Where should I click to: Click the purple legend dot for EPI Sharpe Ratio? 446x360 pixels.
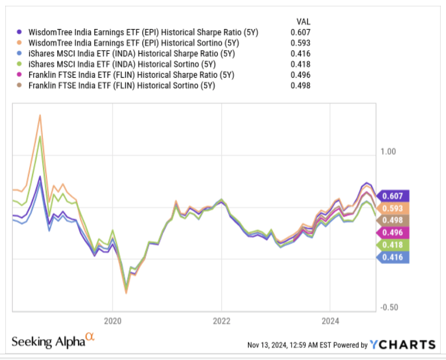21,33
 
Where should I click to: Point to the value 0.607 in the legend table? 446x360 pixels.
300,33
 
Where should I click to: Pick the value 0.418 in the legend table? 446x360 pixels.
300,65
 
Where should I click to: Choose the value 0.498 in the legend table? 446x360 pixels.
300,86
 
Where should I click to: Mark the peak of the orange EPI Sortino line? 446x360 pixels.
40,115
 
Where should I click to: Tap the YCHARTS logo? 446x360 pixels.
403,344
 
